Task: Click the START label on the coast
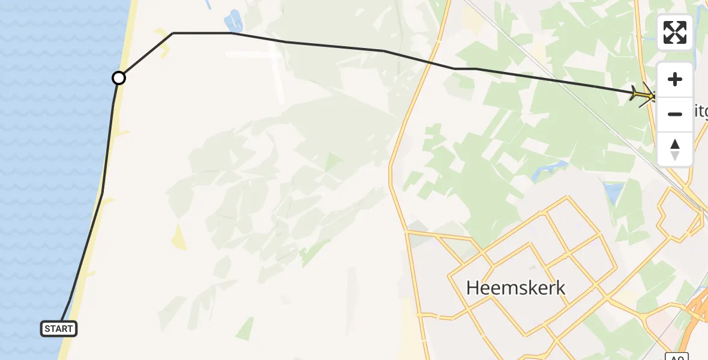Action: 59,328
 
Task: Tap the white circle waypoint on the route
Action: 119,78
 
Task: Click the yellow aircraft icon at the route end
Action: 643,94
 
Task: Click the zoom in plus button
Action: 675,80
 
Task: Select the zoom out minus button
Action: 675,114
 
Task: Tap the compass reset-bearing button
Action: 675,149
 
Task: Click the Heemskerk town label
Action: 515,288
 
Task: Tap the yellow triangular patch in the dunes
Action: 178,238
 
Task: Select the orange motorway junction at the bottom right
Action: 696,312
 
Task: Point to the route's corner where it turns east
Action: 173,33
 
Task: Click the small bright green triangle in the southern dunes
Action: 245,329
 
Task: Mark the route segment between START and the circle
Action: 103,192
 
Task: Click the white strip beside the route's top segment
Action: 252,54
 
